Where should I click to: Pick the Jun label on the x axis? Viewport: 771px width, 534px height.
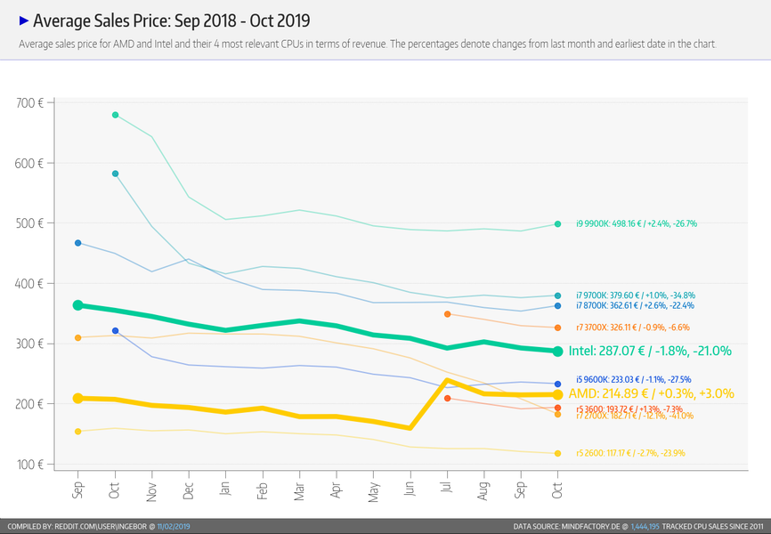point(410,490)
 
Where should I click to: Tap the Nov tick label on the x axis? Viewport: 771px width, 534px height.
point(152,491)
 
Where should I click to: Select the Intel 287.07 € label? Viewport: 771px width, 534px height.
point(649,352)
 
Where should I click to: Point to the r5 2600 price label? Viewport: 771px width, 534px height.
point(630,454)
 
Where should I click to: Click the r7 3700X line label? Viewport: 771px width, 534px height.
point(634,328)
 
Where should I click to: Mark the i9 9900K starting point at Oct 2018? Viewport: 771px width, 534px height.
point(116,115)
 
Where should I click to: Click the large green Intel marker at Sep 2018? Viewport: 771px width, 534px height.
point(78,305)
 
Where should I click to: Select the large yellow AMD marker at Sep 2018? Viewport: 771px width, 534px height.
point(78,399)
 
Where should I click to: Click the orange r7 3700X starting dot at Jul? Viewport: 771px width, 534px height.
point(447,314)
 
